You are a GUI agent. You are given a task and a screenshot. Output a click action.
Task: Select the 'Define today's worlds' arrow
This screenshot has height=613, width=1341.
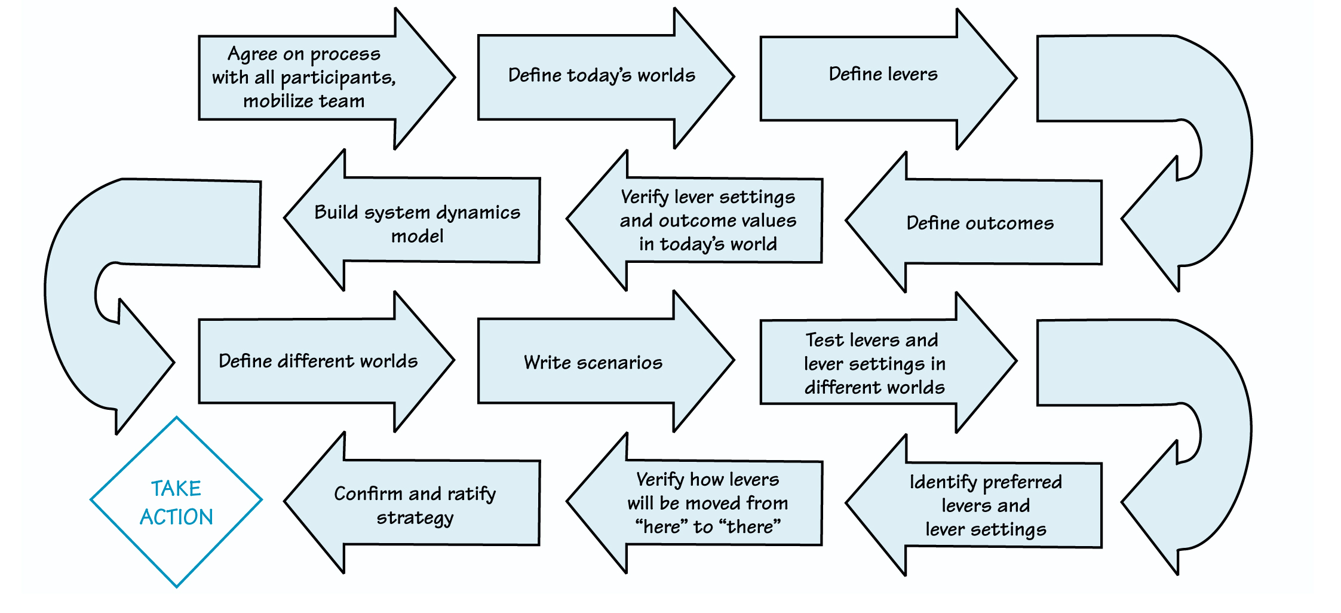tap(602, 76)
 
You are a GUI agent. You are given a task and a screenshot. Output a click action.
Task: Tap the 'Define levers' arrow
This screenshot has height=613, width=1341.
tap(883, 75)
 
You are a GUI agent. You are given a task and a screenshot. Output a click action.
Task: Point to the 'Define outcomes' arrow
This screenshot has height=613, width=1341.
tap(980, 223)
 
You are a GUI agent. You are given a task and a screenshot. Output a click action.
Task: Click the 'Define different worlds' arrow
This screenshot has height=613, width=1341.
tap(318, 361)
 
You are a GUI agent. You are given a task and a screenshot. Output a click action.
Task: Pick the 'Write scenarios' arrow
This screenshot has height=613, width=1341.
tap(593, 363)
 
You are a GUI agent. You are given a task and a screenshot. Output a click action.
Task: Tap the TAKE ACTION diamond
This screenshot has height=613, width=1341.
tap(176, 502)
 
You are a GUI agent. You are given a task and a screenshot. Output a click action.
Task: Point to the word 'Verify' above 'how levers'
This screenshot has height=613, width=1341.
tap(660, 480)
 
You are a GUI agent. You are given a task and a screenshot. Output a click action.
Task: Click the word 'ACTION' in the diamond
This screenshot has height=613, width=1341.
tap(176, 517)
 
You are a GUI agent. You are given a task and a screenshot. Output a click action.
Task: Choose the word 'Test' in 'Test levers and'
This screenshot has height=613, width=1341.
tap(824, 340)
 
